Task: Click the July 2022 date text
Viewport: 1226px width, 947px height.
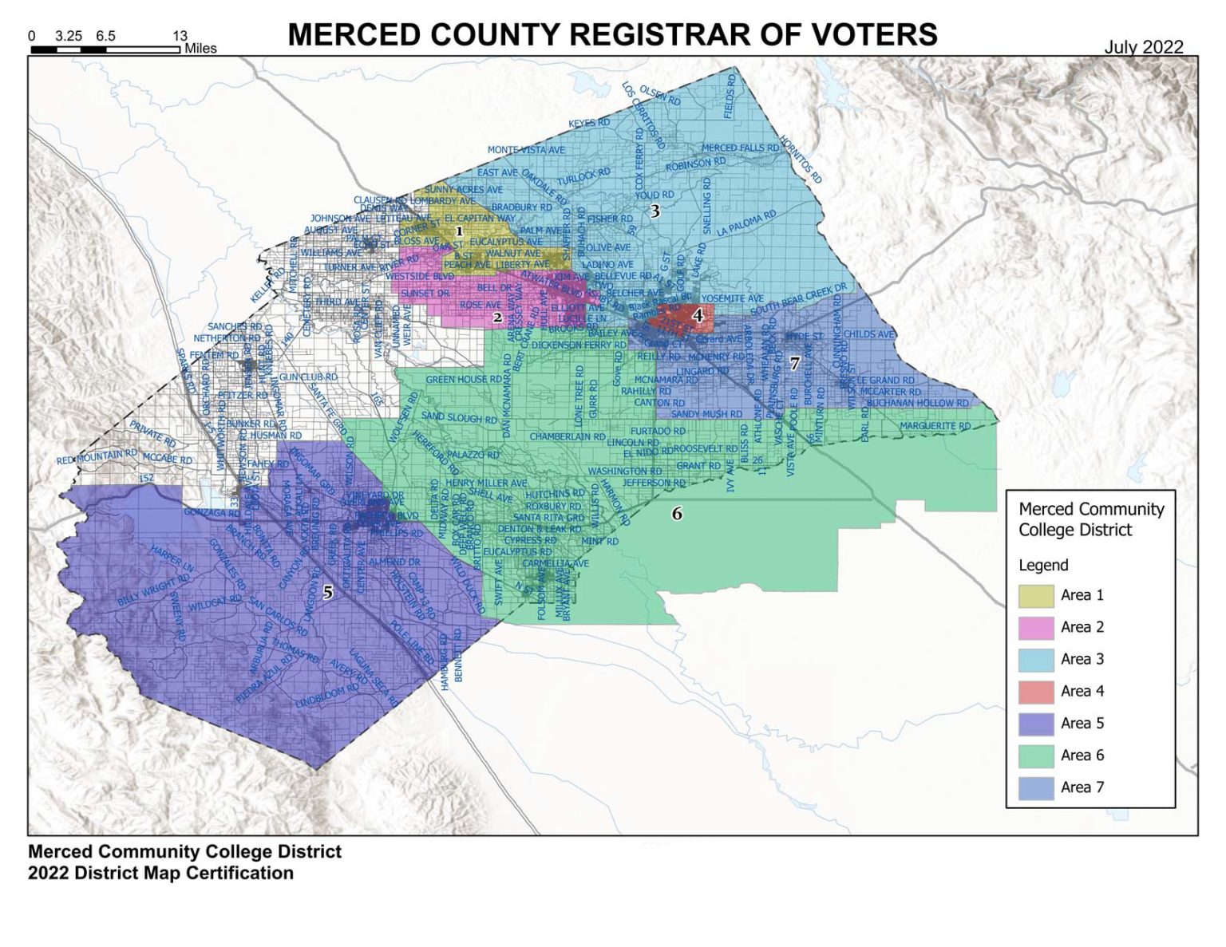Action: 1143,47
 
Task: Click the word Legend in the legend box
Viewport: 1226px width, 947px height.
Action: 1043,565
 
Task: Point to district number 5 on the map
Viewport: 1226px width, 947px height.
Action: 327,593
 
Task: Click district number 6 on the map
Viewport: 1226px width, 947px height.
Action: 677,514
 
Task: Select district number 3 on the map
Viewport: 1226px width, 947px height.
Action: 655,211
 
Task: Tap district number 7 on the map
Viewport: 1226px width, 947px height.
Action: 794,363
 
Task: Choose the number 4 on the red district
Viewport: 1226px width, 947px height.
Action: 698,316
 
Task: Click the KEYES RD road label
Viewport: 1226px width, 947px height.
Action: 589,123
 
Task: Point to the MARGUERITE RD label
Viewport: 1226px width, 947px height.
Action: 935,427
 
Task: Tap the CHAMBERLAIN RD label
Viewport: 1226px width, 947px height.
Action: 567,437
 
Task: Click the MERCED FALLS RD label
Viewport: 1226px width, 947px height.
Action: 740,148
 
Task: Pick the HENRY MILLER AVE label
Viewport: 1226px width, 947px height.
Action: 485,483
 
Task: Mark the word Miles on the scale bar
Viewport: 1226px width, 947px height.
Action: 200,49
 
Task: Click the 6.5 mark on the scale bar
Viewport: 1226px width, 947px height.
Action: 105,36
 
